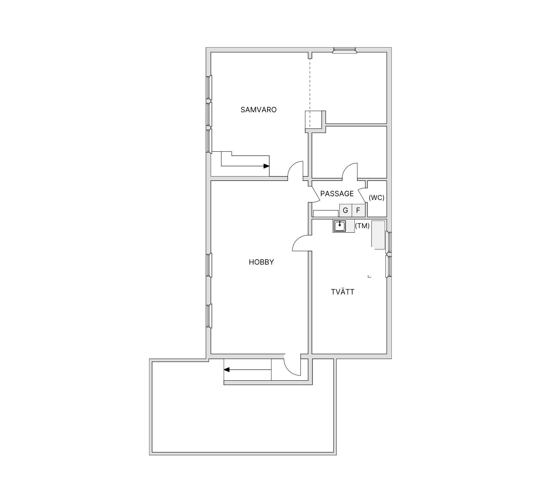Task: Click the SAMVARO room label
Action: (x=258, y=110)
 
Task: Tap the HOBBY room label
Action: (x=261, y=262)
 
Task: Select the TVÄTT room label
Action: (x=343, y=292)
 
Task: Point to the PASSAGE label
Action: (x=337, y=194)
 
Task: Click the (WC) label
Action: (x=376, y=197)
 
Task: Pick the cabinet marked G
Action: (x=346, y=210)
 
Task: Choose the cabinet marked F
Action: (x=358, y=210)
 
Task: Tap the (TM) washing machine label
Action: (x=362, y=226)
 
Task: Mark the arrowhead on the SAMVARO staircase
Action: (x=266, y=166)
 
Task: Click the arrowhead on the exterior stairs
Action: (x=227, y=370)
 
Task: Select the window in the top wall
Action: (x=345, y=51)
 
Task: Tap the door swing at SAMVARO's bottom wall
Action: (x=295, y=170)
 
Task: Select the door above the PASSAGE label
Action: (x=350, y=171)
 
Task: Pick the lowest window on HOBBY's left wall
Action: (x=209, y=316)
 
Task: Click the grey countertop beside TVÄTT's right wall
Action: (x=378, y=235)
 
